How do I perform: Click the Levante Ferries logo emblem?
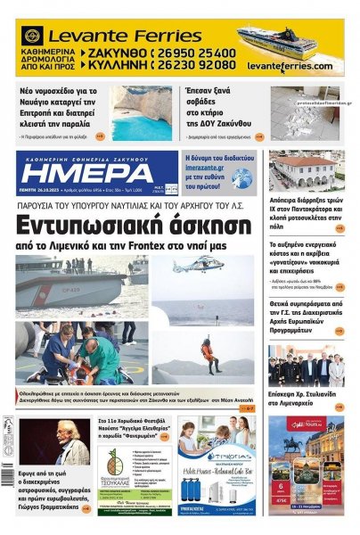click(x=33, y=37)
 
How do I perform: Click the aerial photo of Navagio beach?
click(x=142, y=112)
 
